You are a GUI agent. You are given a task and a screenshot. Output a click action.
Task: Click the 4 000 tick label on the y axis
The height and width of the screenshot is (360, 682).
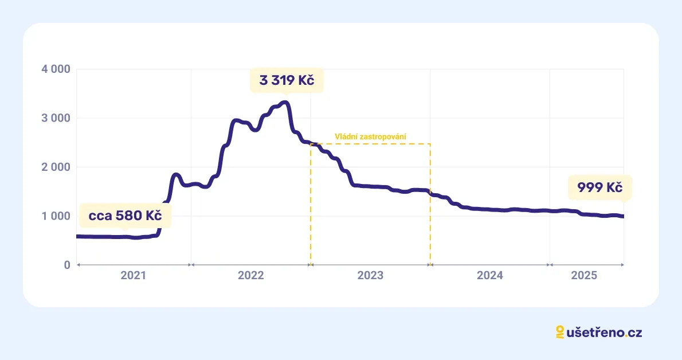(x=56, y=69)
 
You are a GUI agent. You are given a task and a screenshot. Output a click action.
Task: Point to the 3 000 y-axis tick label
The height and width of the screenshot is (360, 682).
(x=56, y=118)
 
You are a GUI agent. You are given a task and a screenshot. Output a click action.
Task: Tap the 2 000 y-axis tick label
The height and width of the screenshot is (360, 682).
(x=56, y=167)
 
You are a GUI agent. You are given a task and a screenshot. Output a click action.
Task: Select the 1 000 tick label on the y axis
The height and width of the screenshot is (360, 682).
(x=56, y=216)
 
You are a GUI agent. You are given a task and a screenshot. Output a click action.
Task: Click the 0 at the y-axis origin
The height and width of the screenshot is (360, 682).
(x=66, y=265)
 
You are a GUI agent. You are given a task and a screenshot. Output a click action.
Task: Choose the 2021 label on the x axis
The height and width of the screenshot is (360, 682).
(x=133, y=276)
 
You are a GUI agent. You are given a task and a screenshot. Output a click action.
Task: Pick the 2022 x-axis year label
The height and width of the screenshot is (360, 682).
(x=250, y=276)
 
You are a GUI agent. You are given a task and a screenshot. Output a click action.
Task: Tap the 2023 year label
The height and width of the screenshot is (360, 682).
(x=370, y=276)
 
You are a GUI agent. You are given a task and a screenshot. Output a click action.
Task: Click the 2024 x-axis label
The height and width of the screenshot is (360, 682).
(x=490, y=276)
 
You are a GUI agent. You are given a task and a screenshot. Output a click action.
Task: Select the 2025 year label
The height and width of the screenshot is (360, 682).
(x=584, y=276)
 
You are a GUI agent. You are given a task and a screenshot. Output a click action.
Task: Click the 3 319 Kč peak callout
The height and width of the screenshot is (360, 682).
(x=287, y=80)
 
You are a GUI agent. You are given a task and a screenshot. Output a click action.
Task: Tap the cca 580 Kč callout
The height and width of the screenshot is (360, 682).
(x=125, y=216)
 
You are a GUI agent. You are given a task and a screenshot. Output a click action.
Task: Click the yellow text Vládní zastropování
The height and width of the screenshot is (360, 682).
(x=370, y=137)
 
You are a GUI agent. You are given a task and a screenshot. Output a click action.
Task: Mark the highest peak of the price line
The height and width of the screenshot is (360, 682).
(x=285, y=103)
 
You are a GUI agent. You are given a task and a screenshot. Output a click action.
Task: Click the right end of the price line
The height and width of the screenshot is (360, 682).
(x=623, y=216)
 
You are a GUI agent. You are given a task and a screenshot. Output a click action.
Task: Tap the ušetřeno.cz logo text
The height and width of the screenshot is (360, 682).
(x=604, y=332)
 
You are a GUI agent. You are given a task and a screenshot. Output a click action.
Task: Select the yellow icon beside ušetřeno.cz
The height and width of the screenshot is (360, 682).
(x=560, y=332)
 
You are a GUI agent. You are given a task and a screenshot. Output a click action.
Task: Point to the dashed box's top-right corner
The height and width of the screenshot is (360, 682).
(x=430, y=144)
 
